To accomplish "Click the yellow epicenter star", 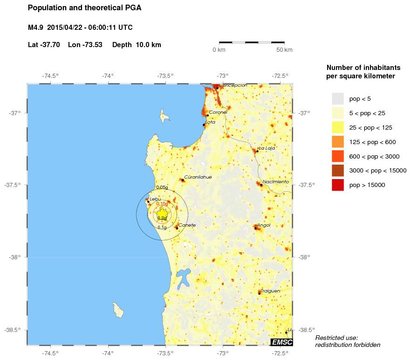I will tap(162, 213).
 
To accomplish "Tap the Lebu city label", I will tap(155, 199).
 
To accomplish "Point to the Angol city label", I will tap(264, 225).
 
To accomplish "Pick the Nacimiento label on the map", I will tap(275, 182).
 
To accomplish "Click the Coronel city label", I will tap(218, 112).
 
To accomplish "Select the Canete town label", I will tap(187, 225).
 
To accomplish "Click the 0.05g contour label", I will tap(162, 187).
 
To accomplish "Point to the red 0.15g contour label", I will tap(162, 204).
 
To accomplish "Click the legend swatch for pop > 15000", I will tap(337, 185).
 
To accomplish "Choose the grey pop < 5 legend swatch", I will tap(337, 98).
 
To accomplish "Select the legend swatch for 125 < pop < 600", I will tap(337, 142).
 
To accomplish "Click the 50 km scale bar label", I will tap(284, 50).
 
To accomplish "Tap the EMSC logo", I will tap(281, 342).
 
